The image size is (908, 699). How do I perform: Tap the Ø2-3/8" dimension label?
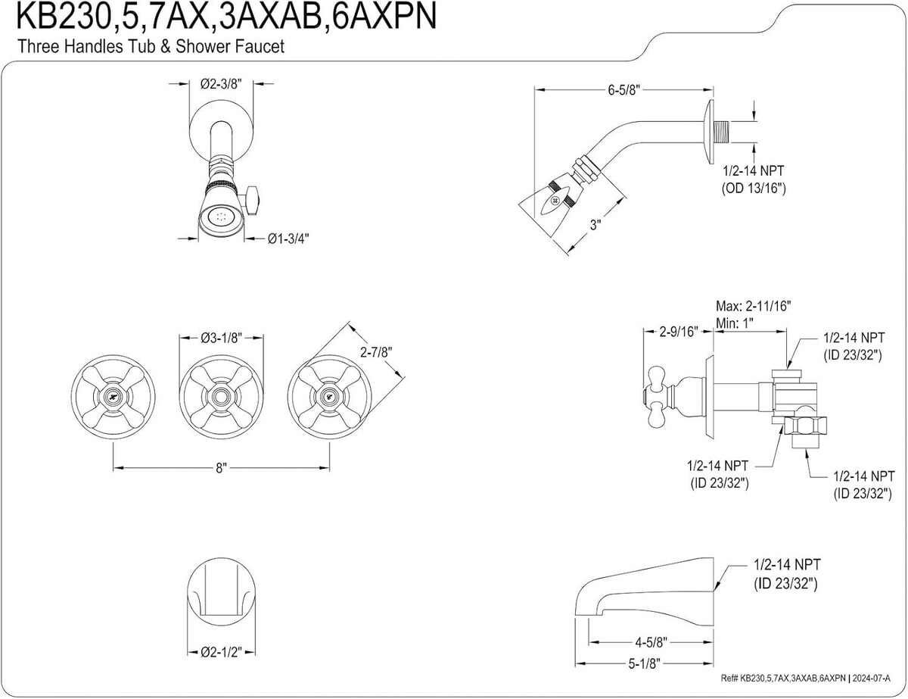(221, 86)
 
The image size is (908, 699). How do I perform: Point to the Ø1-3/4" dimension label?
(288, 239)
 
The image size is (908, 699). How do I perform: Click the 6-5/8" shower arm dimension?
(624, 90)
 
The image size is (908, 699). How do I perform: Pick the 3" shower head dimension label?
(595, 225)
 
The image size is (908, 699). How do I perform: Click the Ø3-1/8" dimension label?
(221, 339)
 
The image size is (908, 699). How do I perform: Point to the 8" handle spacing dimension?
(221, 469)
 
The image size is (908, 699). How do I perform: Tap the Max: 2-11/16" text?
(754, 307)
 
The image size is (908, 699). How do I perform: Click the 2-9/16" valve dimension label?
(677, 331)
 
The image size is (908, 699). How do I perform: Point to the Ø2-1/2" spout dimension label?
(221, 651)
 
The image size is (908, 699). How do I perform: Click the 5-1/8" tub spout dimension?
(648, 663)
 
